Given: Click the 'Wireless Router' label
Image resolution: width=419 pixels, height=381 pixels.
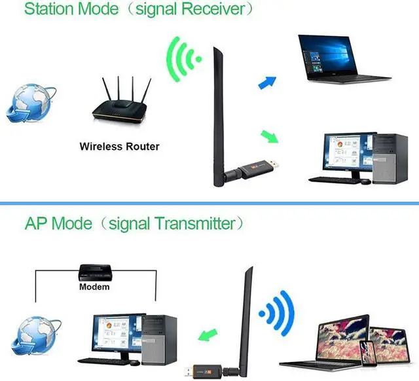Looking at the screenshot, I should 119,146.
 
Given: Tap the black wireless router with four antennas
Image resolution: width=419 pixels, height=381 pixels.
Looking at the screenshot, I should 119,105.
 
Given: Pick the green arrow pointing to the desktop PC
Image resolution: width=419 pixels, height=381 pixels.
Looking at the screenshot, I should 269,137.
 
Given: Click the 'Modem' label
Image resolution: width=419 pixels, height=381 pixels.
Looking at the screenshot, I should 94,287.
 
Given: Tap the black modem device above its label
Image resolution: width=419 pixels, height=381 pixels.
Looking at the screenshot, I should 94,272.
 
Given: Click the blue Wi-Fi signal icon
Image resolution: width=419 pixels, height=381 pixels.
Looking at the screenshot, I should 275,311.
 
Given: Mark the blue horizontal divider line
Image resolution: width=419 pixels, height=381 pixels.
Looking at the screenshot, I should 209,204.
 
